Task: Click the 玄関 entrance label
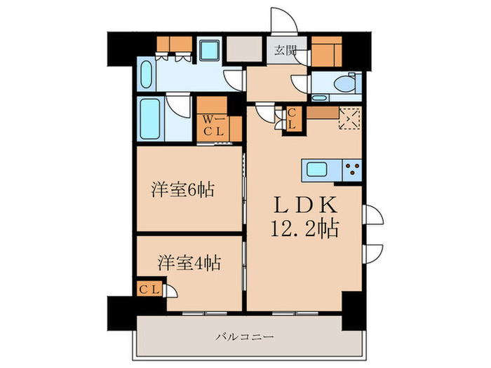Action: point(285,50)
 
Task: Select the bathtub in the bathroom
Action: point(150,120)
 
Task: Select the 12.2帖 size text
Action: point(306,229)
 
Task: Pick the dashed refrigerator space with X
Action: point(349,118)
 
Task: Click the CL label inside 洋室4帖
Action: point(149,289)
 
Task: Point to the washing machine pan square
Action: point(208,50)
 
